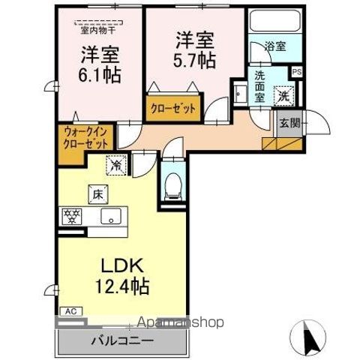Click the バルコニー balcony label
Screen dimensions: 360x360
click(x=123, y=340)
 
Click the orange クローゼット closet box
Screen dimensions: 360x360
click(x=172, y=109)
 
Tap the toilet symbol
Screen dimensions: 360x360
click(x=172, y=182)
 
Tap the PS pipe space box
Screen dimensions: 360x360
click(x=297, y=72)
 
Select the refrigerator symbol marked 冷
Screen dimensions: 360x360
click(x=116, y=162)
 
